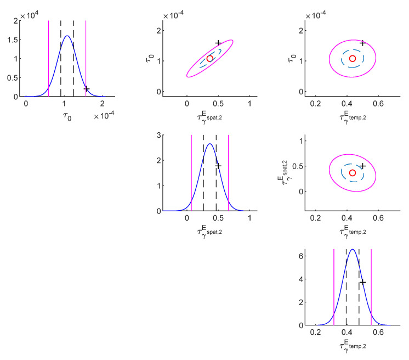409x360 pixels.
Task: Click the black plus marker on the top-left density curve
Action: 87,89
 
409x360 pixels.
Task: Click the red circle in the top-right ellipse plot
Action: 353,58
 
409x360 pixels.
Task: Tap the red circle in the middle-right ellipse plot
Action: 353,173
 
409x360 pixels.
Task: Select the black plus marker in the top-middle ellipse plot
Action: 218,43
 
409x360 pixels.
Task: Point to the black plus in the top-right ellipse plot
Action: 362,43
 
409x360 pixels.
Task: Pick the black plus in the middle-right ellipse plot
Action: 362,166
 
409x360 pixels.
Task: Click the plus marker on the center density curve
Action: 218,165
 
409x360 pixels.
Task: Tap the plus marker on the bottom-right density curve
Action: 362,282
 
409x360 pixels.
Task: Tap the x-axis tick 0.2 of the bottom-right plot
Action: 315,332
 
